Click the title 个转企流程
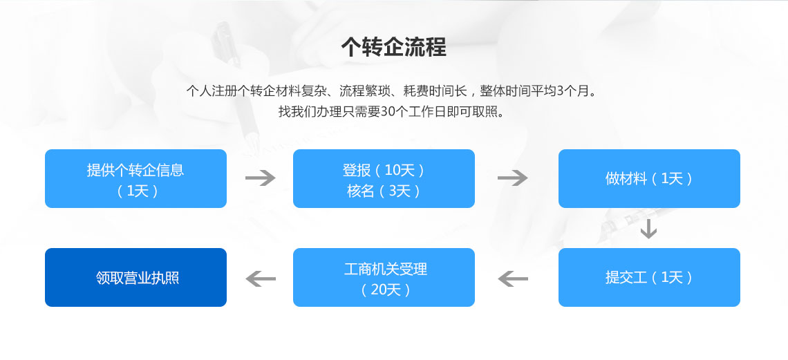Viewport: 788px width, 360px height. click(x=393, y=47)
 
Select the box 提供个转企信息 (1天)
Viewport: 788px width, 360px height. click(x=135, y=178)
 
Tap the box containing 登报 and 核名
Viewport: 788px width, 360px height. click(x=384, y=178)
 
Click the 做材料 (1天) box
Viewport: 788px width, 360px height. click(x=649, y=178)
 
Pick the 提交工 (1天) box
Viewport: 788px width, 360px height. click(x=649, y=277)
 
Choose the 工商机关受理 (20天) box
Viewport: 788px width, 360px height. click(x=384, y=277)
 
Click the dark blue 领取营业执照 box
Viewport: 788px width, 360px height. click(x=135, y=277)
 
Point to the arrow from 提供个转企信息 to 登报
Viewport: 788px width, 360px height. click(x=261, y=178)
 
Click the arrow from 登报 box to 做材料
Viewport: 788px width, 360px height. click(x=513, y=178)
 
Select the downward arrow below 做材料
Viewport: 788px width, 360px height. click(x=649, y=229)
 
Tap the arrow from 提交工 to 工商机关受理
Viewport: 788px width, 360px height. click(x=513, y=278)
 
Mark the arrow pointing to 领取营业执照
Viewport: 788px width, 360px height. click(x=261, y=278)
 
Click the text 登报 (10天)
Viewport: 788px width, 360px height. click(x=384, y=170)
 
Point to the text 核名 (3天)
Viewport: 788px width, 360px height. click(x=384, y=191)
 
